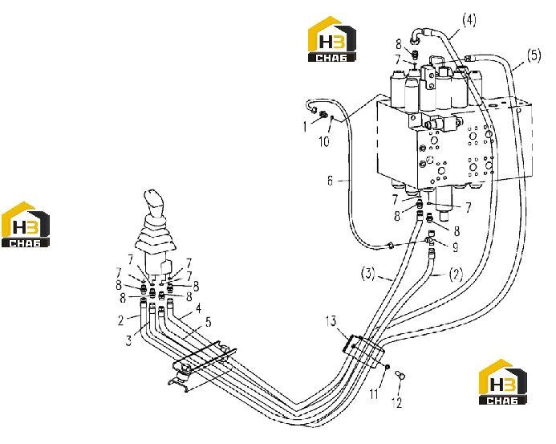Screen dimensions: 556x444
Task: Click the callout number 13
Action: coord(331,321)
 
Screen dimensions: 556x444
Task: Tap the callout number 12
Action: coord(397,402)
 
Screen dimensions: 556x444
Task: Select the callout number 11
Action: coord(375,393)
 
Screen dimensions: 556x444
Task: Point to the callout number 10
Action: coord(324,141)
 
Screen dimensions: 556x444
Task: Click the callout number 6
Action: coord(330,181)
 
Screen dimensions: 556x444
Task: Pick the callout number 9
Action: coord(455,247)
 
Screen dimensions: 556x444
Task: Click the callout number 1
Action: coord(305,127)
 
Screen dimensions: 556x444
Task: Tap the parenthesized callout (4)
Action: coord(469,20)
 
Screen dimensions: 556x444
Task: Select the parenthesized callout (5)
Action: coord(534,55)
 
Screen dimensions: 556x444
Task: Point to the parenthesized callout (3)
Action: coord(368,274)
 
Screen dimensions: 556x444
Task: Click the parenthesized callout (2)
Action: coord(456,275)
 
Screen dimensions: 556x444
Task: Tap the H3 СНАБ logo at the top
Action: coord(332,39)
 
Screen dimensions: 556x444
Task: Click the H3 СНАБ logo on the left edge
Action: coord(26,224)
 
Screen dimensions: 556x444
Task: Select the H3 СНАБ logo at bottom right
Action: coord(502,382)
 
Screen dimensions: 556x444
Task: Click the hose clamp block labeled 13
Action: coord(363,351)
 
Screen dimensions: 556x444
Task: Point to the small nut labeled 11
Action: coord(388,367)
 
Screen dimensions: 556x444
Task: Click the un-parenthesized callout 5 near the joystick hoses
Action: coord(208,322)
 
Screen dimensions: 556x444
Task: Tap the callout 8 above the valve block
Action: coord(399,45)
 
